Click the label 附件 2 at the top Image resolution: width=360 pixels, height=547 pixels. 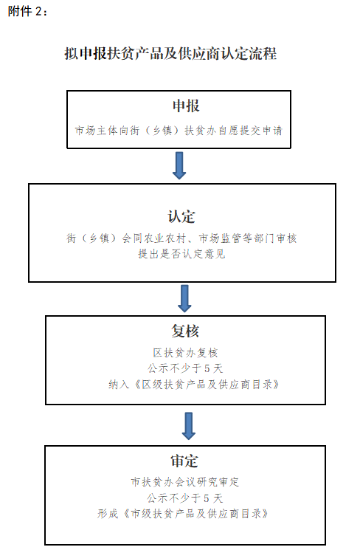tap(27, 12)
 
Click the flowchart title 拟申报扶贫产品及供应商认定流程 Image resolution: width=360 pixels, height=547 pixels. tap(170, 54)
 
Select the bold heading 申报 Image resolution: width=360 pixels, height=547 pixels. tap(186, 106)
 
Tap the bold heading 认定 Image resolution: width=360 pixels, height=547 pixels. tap(181, 216)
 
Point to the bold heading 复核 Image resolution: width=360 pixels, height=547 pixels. tap(185, 331)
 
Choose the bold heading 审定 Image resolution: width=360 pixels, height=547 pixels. tap(184, 461)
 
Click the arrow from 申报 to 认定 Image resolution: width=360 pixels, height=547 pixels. tap(179, 165)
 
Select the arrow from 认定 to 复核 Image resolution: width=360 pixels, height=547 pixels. tap(184, 298)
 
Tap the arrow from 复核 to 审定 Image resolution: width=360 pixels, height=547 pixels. tap(189, 426)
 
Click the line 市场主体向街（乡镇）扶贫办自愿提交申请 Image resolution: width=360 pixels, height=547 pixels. tap(179, 131)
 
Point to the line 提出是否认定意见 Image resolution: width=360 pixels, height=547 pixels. tap(181, 254)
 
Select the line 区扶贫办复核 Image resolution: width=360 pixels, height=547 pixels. tap(185, 353)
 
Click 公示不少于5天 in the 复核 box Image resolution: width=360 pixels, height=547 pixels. tap(185, 368)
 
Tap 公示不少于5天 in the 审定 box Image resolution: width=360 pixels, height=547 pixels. tap(184, 498)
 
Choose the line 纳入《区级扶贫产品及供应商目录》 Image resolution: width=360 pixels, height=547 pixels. tap(194, 385)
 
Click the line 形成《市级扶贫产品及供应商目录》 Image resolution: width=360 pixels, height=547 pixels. tap(183, 514)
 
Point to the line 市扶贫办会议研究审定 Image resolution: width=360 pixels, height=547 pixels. tap(185, 482)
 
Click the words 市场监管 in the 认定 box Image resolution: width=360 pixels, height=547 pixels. tap(220, 238)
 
